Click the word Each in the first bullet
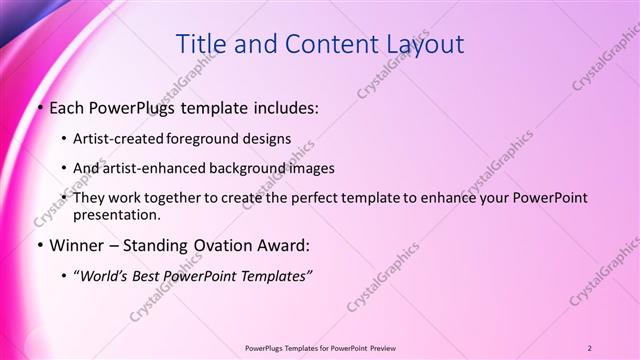pos(67,106)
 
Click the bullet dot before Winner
pos(39,245)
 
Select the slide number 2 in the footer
pos(590,347)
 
